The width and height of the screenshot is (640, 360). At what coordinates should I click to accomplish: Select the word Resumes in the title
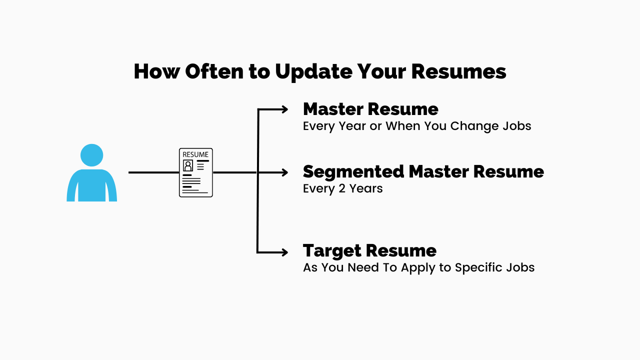(458, 71)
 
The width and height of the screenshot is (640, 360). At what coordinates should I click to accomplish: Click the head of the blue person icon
(91, 155)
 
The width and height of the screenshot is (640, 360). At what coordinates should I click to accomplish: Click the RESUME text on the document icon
(195, 154)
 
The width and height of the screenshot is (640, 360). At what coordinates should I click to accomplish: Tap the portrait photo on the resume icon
(188, 165)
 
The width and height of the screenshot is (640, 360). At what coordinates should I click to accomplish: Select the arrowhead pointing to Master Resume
(283, 109)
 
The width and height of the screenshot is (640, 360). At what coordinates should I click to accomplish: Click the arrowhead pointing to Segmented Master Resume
(283, 172)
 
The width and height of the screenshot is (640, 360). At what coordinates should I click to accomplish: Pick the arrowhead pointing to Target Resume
(283, 252)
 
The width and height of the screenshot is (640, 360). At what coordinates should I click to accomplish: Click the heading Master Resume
(370, 109)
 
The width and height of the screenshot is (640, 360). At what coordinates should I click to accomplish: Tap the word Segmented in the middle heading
(353, 171)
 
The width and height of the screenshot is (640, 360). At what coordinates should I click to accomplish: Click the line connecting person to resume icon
(153, 172)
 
